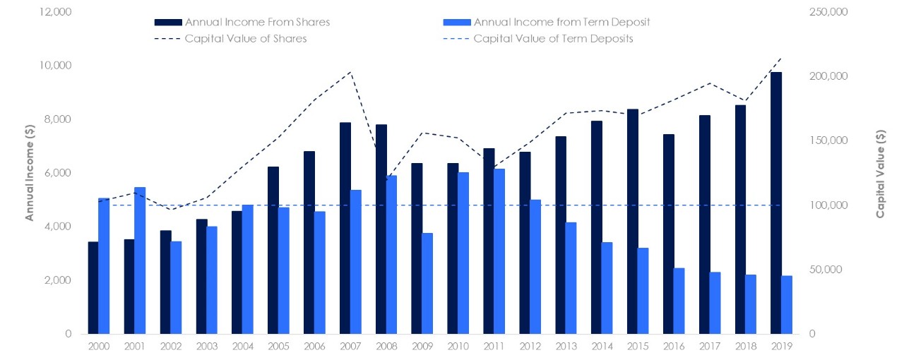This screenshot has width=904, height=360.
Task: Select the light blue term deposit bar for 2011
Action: [499, 251]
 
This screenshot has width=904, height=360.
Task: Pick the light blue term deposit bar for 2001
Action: [140, 260]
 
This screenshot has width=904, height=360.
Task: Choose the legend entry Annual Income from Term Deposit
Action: [561, 23]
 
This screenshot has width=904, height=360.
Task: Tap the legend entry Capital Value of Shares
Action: [245, 39]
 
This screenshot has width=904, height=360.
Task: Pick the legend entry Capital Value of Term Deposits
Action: [553, 39]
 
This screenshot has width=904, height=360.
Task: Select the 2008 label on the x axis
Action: [386, 347]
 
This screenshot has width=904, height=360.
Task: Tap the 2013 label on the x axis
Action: [566, 347]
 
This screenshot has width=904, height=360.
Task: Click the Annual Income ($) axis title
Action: [30, 174]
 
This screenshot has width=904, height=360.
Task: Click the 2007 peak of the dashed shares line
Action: [351, 72]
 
